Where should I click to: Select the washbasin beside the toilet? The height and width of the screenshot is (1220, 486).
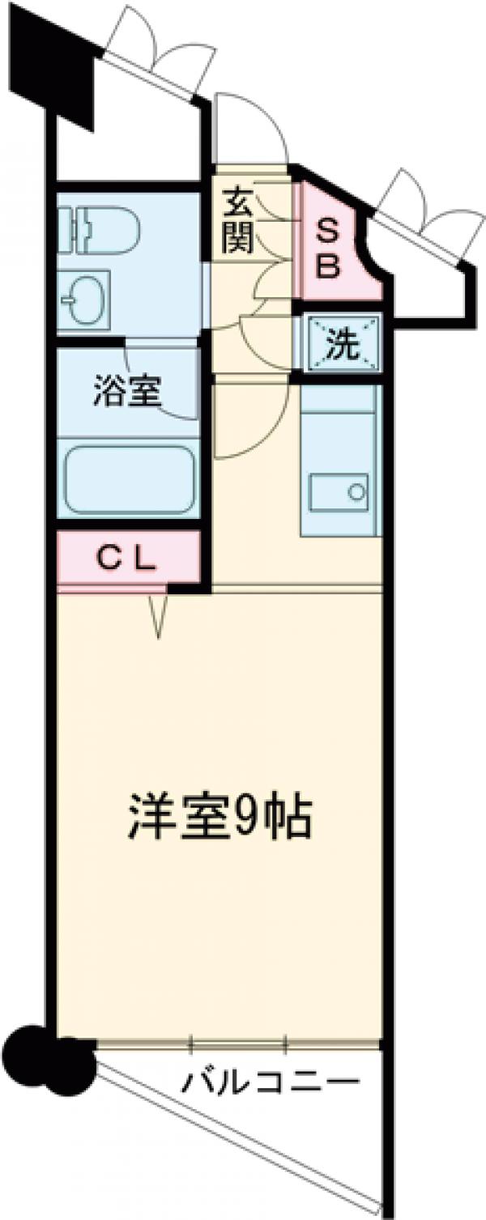pyautogui.click(x=84, y=296)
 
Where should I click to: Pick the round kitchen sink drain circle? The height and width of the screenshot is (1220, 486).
pyautogui.click(x=354, y=491)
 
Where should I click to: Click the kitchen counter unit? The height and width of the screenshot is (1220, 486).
pyautogui.click(x=339, y=461)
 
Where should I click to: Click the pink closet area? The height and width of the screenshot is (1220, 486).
pyautogui.click(x=128, y=559)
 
